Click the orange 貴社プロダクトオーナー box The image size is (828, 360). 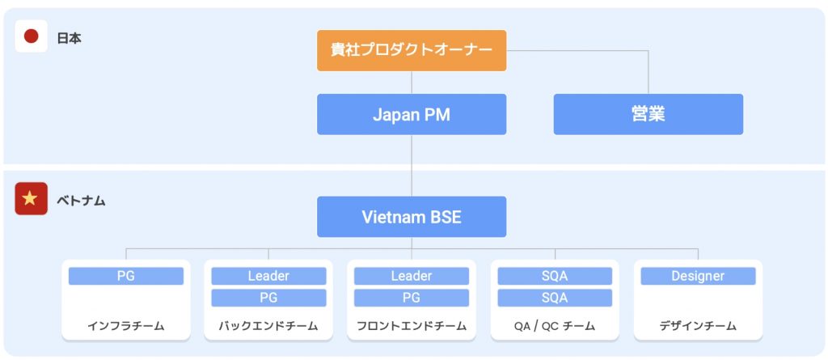tap(412, 50)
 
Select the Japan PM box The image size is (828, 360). tap(412, 114)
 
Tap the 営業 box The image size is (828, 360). tap(648, 114)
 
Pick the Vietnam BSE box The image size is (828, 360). tap(412, 217)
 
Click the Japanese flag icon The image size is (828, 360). tap(32, 36)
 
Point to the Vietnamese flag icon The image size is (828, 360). tap(32, 199)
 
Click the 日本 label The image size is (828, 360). tap(70, 39)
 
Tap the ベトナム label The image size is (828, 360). tap(82, 201)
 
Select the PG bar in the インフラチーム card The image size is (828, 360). tap(126, 276)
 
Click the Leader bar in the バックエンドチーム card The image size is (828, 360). tap(268, 276)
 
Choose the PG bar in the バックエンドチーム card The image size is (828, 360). tap(268, 298)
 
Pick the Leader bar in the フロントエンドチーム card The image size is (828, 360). tap(412, 276)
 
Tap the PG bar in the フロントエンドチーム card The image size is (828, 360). tap(412, 298)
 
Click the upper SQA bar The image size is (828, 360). tap(555, 276)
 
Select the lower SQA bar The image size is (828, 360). tap(555, 298)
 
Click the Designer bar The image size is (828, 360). tap(698, 276)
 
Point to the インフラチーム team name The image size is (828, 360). tap(126, 326)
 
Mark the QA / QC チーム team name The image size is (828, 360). tap(555, 326)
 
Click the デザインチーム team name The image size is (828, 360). tap(698, 326)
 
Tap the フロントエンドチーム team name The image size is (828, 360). tap(412, 326)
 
